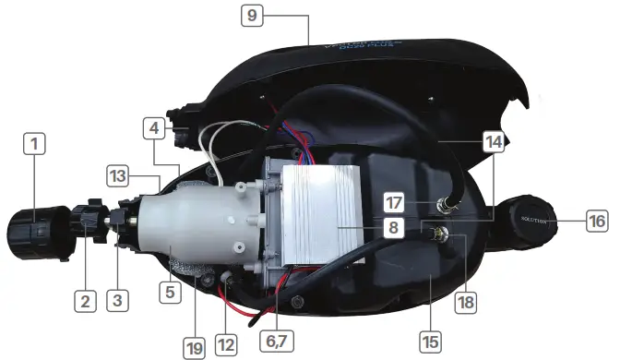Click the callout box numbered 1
click(x=34, y=144)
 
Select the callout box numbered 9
click(x=252, y=16)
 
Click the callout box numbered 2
click(x=85, y=300)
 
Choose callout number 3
click(x=116, y=299)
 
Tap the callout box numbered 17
click(x=394, y=202)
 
